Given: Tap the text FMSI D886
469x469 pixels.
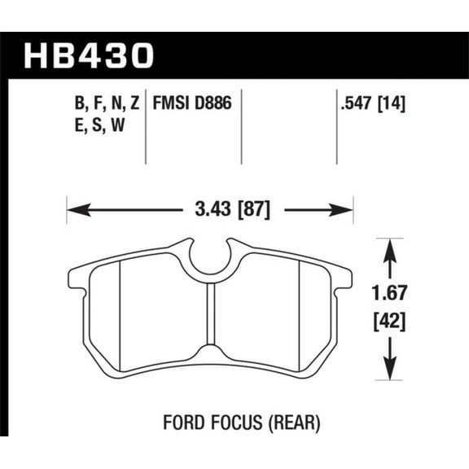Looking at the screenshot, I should tap(193, 103).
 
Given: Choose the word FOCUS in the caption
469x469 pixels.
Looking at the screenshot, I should tap(236, 423).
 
